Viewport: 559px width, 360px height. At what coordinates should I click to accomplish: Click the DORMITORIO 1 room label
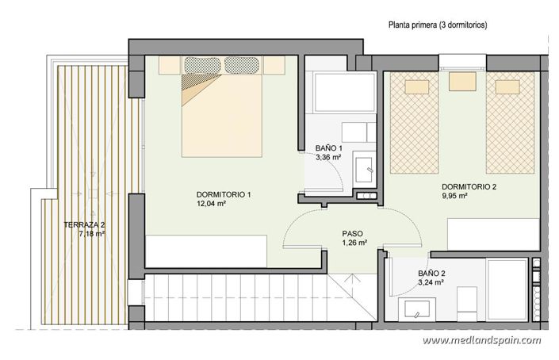click(x=224, y=194)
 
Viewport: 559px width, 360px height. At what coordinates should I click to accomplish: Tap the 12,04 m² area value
click(x=212, y=204)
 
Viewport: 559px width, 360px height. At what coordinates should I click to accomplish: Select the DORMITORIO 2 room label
click(x=469, y=187)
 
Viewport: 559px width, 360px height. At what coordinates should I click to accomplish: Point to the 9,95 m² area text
click(x=455, y=197)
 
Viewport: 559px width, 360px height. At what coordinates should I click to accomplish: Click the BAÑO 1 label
click(x=328, y=148)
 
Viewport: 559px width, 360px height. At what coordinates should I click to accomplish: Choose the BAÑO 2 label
click(x=431, y=273)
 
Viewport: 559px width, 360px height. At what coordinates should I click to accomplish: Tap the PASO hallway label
click(x=353, y=234)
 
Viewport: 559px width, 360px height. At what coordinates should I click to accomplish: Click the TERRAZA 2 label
click(x=84, y=225)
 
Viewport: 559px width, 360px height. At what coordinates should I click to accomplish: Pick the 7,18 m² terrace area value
click(x=92, y=235)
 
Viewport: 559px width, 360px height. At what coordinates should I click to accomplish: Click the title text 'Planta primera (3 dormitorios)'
click(x=438, y=25)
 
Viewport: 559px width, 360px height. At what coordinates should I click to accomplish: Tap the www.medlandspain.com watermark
click(x=481, y=340)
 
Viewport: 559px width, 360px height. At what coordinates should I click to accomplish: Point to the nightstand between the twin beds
click(x=460, y=81)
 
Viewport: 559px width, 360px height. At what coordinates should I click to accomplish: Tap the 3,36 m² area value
click(x=328, y=158)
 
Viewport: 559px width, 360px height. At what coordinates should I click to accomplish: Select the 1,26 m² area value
click(x=353, y=243)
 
